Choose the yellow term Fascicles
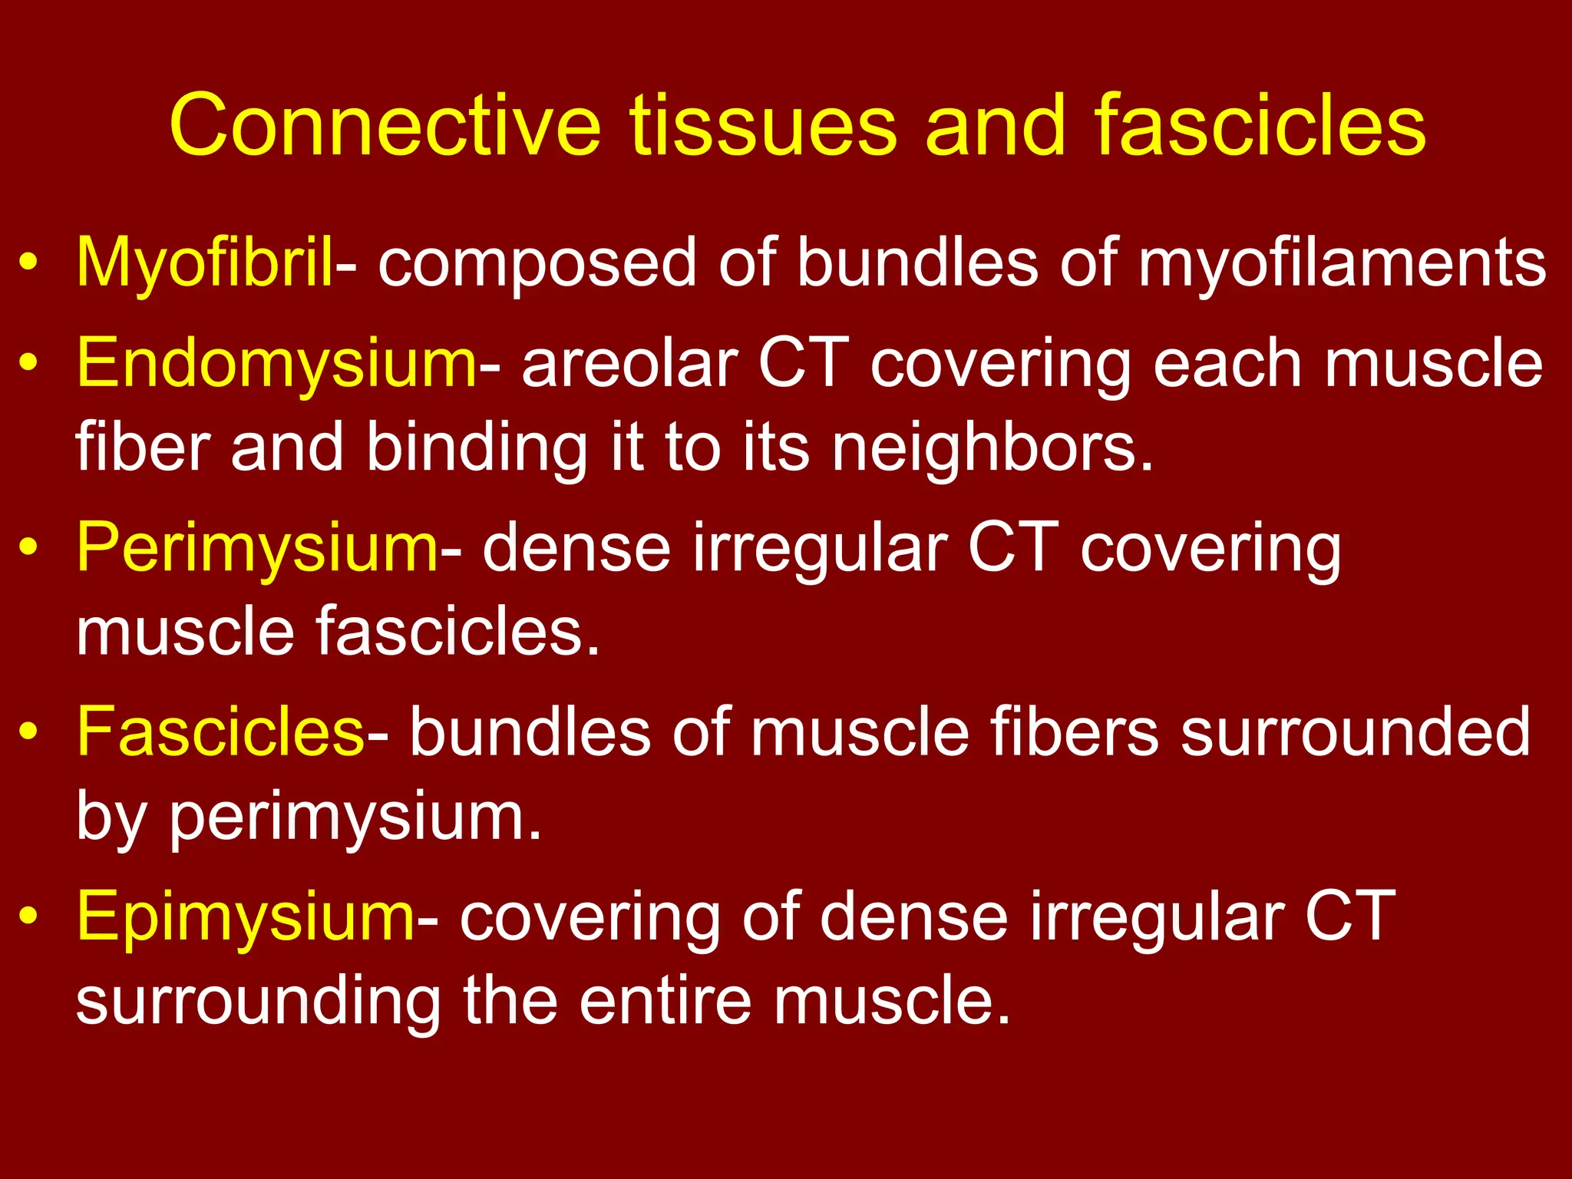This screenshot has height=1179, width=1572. pyautogui.click(x=221, y=732)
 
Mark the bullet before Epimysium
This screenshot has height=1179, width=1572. pyautogui.click(x=28, y=918)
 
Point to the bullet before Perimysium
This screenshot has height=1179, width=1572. pyautogui.click(x=28, y=549)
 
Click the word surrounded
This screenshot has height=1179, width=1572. pyautogui.click(x=1356, y=732)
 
